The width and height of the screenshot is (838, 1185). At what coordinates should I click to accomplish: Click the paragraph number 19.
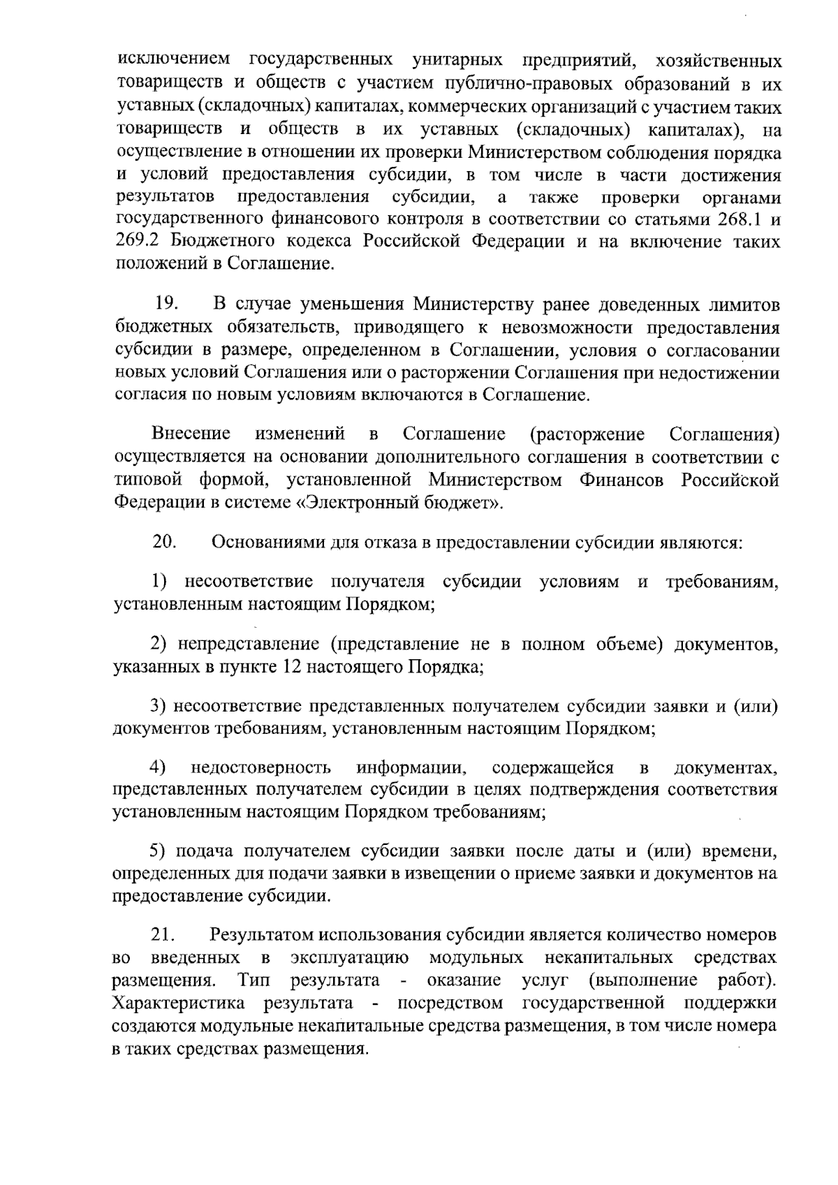pos(167,304)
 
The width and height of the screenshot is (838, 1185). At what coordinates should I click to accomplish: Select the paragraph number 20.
pos(166,542)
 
